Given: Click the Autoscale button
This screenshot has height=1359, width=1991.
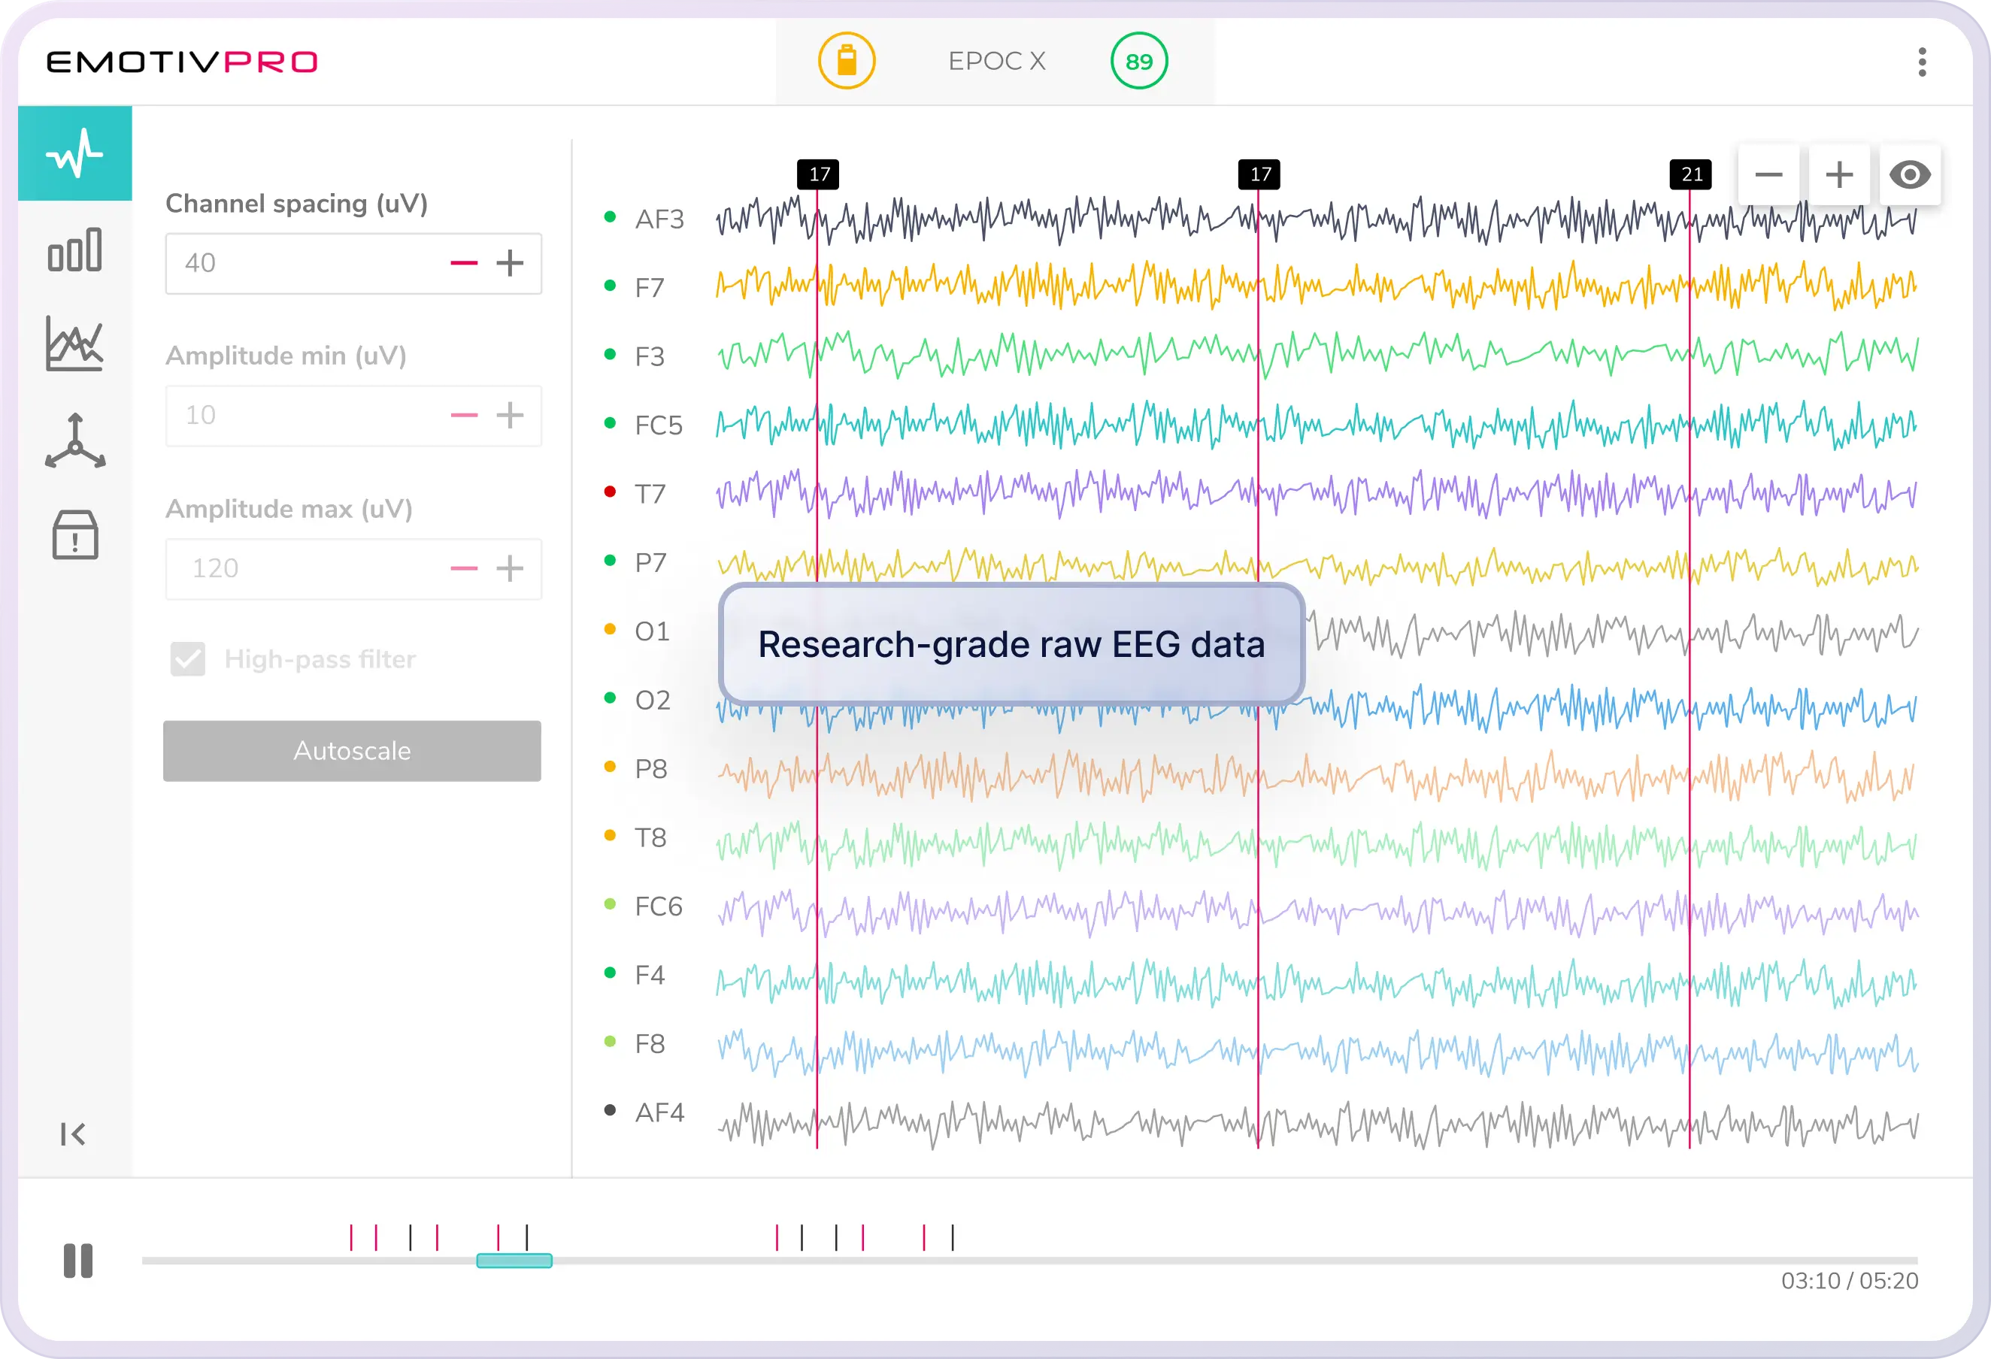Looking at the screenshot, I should (351, 750).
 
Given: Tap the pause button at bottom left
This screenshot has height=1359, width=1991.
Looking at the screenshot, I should (78, 1261).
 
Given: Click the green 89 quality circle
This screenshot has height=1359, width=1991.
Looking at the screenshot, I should (1138, 62).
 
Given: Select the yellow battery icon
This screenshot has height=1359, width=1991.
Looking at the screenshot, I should (847, 62).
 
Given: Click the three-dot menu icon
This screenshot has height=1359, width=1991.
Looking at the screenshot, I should (1923, 62).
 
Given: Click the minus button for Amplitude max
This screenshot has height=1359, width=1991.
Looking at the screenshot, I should (463, 568).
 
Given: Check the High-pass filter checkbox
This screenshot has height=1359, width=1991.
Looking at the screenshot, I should (188, 658).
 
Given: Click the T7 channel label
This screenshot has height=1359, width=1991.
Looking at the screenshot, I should (650, 494).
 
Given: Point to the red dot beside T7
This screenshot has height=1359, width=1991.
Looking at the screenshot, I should (610, 492).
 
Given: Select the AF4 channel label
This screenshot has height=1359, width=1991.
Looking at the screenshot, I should (659, 1112).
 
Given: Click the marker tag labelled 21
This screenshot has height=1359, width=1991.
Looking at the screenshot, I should (1691, 174).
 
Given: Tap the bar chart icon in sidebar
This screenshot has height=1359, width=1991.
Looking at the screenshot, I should (74, 250).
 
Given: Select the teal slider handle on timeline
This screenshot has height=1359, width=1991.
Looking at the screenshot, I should (514, 1261).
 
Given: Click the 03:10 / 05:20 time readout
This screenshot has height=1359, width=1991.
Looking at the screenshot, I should (1849, 1281).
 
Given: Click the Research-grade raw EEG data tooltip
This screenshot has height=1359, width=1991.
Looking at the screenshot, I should (1011, 644).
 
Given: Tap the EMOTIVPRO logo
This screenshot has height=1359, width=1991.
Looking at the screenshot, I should (182, 62).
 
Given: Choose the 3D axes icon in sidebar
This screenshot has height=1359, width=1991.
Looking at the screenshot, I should (75, 441).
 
